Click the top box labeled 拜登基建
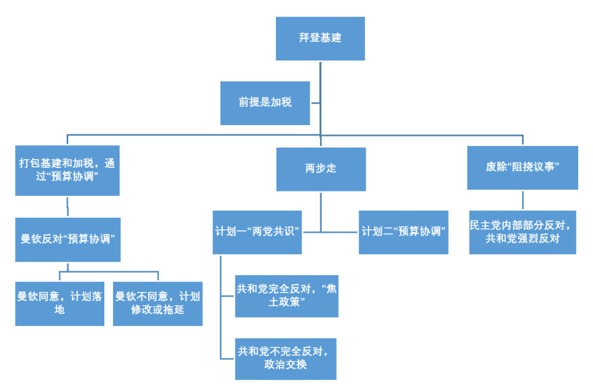320,38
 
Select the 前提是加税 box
265,103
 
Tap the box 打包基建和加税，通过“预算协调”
68,171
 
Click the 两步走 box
321,169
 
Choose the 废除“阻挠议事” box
523,167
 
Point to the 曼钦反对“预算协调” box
68,240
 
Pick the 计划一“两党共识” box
257,232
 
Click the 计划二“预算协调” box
404,232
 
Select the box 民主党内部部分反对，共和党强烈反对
523,232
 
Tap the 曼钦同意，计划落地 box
60,303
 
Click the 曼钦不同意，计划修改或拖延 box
158,303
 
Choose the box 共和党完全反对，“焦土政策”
287,296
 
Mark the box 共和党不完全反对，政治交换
286,359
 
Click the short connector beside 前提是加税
315,103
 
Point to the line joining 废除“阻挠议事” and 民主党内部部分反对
523,200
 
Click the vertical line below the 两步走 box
321,212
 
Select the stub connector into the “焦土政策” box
228,296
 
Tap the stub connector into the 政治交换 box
228,358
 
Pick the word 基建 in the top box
331,37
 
